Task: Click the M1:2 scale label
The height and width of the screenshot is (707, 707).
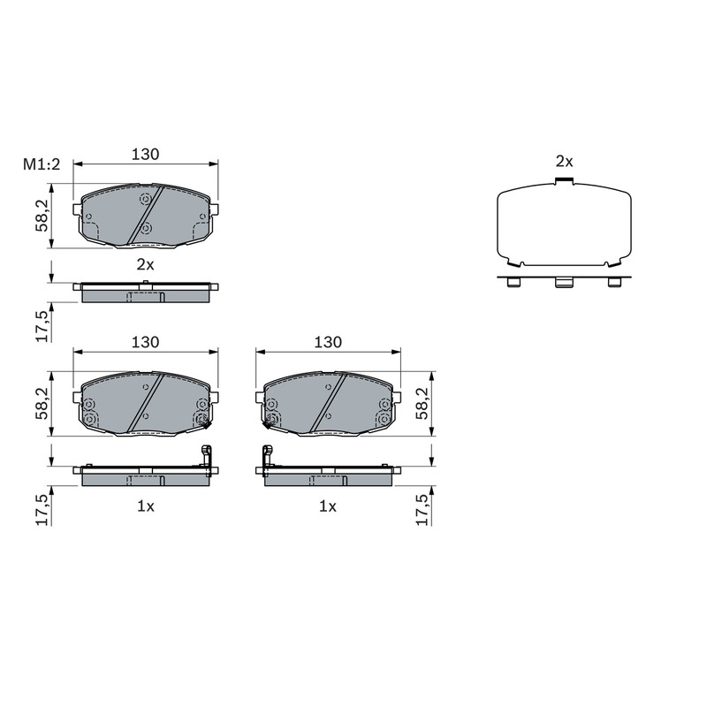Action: [x=42, y=164]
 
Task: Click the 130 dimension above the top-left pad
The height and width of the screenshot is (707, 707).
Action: [x=145, y=154]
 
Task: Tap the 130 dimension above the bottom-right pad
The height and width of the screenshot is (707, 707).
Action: [x=328, y=342]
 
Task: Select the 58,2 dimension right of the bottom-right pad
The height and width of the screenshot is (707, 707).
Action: [x=422, y=404]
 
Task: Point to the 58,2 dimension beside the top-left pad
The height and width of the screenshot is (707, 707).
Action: [x=42, y=216]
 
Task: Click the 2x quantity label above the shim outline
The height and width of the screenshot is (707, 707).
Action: [x=564, y=162]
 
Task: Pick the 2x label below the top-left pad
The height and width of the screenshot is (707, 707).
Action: [x=145, y=264]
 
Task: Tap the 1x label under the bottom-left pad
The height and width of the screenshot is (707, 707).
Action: [x=146, y=506]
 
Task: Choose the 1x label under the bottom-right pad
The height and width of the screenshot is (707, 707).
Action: [x=328, y=506]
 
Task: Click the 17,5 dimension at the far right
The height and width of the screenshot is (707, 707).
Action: [x=422, y=510]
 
